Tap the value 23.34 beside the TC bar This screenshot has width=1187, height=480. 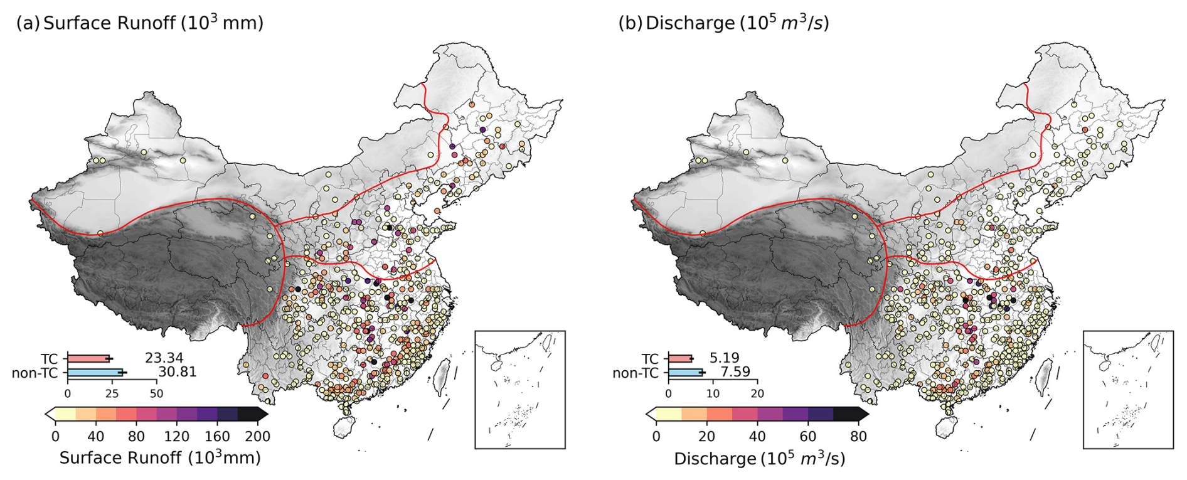[164, 358]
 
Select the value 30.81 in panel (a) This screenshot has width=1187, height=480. [178, 372]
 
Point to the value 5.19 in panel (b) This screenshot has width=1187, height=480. [725, 358]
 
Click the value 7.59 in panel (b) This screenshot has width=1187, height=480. [735, 372]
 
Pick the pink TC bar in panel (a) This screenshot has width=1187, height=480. [88, 359]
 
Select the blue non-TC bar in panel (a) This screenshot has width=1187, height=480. [95, 373]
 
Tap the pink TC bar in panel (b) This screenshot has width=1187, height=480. [680, 359]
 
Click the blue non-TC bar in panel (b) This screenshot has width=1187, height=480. [685, 373]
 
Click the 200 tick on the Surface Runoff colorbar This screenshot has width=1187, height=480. [257, 436]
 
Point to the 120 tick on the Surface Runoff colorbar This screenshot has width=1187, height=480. [177, 436]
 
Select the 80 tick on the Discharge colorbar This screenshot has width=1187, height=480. [858, 436]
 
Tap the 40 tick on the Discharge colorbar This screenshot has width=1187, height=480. [757, 436]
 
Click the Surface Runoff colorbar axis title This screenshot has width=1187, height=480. [160, 457]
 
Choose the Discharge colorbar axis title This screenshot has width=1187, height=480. [760, 459]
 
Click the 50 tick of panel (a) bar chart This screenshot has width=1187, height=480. [156, 393]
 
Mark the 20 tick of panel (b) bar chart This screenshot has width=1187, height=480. [757, 393]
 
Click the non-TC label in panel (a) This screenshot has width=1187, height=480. [35, 373]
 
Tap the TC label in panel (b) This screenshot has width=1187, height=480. [650, 359]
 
